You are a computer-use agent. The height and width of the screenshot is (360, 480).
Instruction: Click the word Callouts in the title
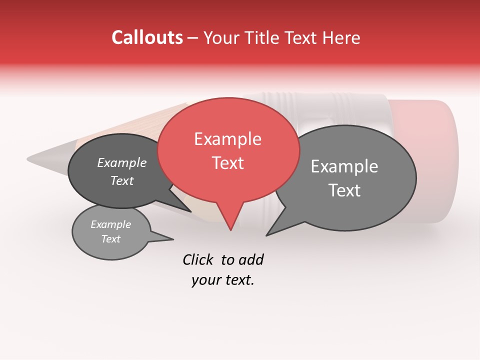click(x=147, y=37)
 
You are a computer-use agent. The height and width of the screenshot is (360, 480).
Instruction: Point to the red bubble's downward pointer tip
click(x=230, y=229)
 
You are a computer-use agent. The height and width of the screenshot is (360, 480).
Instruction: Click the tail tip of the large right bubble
click(x=267, y=234)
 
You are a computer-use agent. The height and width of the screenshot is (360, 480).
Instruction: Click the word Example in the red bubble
click(x=227, y=139)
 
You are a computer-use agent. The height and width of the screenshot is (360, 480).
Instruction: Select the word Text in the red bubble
click(x=228, y=163)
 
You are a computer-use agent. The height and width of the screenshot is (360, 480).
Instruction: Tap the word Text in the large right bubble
click(x=344, y=190)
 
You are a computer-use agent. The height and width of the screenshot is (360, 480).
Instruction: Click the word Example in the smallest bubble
click(x=111, y=224)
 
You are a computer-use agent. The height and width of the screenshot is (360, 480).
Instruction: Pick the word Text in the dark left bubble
click(x=122, y=181)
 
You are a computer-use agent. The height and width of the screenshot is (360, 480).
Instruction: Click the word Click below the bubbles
click(x=197, y=259)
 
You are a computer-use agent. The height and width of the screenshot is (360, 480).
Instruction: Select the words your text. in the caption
click(x=223, y=280)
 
